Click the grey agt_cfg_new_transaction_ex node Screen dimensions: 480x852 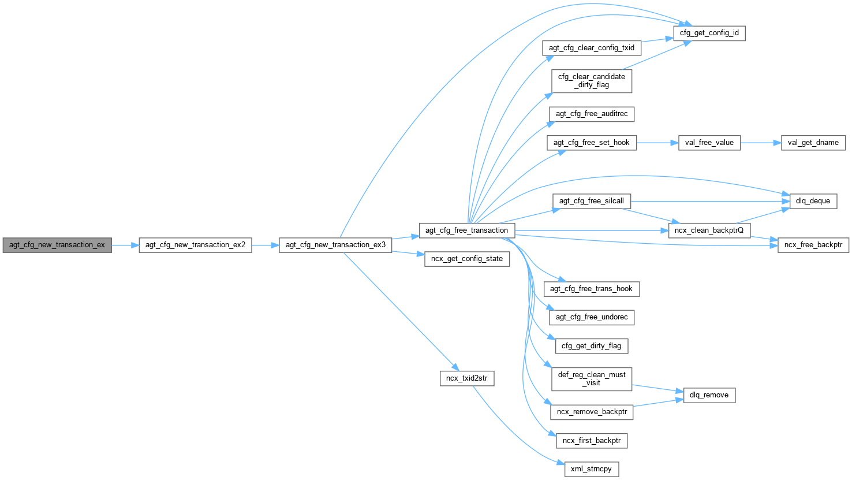57,245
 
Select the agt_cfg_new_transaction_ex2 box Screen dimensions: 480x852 195,245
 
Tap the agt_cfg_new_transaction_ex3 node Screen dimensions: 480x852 335,245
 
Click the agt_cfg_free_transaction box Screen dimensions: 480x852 466,230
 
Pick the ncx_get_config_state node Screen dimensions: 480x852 466,259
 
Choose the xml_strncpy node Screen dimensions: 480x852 591,469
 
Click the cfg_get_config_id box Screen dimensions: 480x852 709,34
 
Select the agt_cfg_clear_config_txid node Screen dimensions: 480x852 592,48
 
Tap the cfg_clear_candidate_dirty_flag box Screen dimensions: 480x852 592,81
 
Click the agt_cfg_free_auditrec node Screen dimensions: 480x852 592,114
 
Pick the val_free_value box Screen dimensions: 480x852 709,143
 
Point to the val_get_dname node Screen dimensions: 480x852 813,143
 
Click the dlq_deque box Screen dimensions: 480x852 813,201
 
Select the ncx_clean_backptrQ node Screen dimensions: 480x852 709,230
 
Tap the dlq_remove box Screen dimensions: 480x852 709,395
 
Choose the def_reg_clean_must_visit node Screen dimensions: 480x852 592,379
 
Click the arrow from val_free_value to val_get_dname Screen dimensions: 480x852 760,143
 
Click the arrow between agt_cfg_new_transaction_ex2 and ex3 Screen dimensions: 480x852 266,245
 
